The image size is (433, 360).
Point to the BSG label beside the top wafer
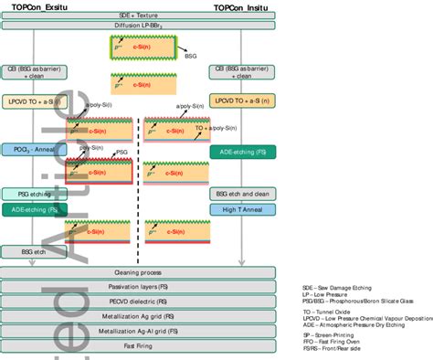click(x=190, y=56)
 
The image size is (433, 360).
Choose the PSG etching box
click(x=29, y=194)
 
